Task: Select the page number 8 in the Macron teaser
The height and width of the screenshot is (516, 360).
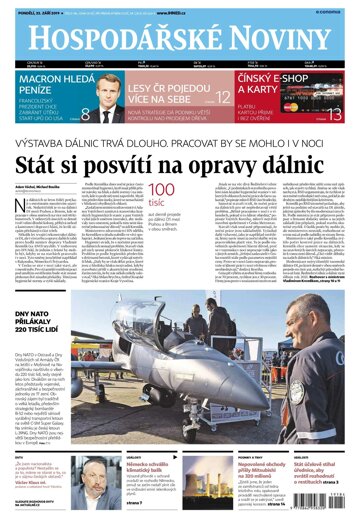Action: [84, 114]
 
